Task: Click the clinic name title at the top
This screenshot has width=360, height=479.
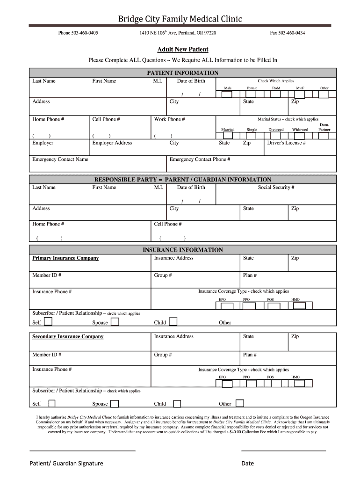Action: [180, 19]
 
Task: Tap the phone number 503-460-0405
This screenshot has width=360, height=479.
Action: [78, 33]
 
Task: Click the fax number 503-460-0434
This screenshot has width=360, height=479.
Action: [288, 33]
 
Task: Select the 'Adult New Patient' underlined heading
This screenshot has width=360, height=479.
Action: [182, 50]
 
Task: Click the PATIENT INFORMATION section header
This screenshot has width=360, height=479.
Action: [182, 73]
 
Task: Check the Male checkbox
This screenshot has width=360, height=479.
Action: [227, 94]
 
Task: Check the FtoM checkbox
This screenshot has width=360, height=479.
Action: [276, 94]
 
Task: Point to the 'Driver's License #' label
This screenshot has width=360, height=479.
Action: [286, 143]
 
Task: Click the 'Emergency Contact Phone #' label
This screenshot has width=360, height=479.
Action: [200, 160]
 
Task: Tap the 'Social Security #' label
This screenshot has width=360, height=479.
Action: [276, 188]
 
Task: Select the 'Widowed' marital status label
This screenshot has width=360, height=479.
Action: [300, 130]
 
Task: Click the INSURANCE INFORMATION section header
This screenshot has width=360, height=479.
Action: [182, 250]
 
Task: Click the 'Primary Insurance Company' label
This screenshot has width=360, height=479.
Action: [65, 258]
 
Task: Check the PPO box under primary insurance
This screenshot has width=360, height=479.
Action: [249, 306]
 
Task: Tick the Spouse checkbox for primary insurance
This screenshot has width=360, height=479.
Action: [115, 321]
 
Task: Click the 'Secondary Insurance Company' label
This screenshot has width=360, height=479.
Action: [68, 337]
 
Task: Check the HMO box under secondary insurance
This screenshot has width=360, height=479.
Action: [299, 384]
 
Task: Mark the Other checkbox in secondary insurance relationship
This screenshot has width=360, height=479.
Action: [239, 403]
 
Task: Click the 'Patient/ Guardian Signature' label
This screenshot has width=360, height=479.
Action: [66, 464]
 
